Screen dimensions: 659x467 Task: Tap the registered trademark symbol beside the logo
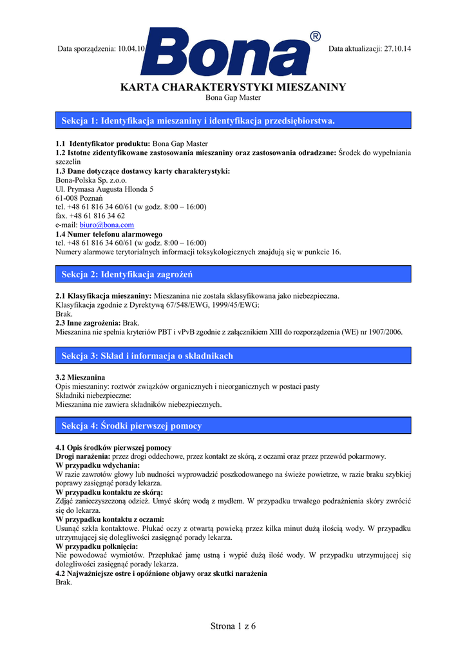(x=315, y=37)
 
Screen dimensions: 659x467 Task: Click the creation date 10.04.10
(x=133, y=48)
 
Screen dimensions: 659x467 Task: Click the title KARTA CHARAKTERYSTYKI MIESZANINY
(x=233, y=87)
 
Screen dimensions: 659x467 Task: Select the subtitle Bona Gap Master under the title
(x=233, y=98)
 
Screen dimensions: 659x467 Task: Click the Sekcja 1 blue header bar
(x=233, y=120)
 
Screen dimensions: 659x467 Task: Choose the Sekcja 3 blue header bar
(x=233, y=356)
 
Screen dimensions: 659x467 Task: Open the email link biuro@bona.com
(x=106, y=225)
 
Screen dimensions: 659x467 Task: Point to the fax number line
(x=90, y=216)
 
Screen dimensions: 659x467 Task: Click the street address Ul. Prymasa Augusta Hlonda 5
(x=104, y=189)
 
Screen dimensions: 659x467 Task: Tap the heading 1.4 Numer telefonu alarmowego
(x=109, y=234)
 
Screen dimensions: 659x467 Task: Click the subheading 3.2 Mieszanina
(x=81, y=377)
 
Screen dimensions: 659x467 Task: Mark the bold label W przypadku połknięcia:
(x=97, y=546)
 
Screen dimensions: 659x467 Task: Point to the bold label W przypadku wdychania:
(x=98, y=465)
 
